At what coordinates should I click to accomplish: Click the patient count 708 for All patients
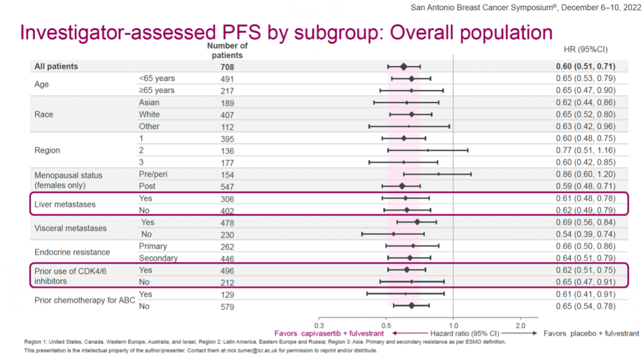tap(227, 67)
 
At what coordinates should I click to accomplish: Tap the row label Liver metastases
tap(65, 204)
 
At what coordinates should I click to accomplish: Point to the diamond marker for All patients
tap(404, 67)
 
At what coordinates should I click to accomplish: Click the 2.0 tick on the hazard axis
tap(521, 325)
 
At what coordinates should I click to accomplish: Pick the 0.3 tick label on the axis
tap(319, 325)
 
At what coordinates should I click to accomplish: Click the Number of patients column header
tap(227, 51)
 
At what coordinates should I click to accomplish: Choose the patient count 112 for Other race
tap(227, 127)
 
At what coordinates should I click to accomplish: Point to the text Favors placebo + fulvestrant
tap(591, 334)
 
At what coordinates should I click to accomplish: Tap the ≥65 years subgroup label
tap(157, 91)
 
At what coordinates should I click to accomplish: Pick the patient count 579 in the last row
tap(227, 307)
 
